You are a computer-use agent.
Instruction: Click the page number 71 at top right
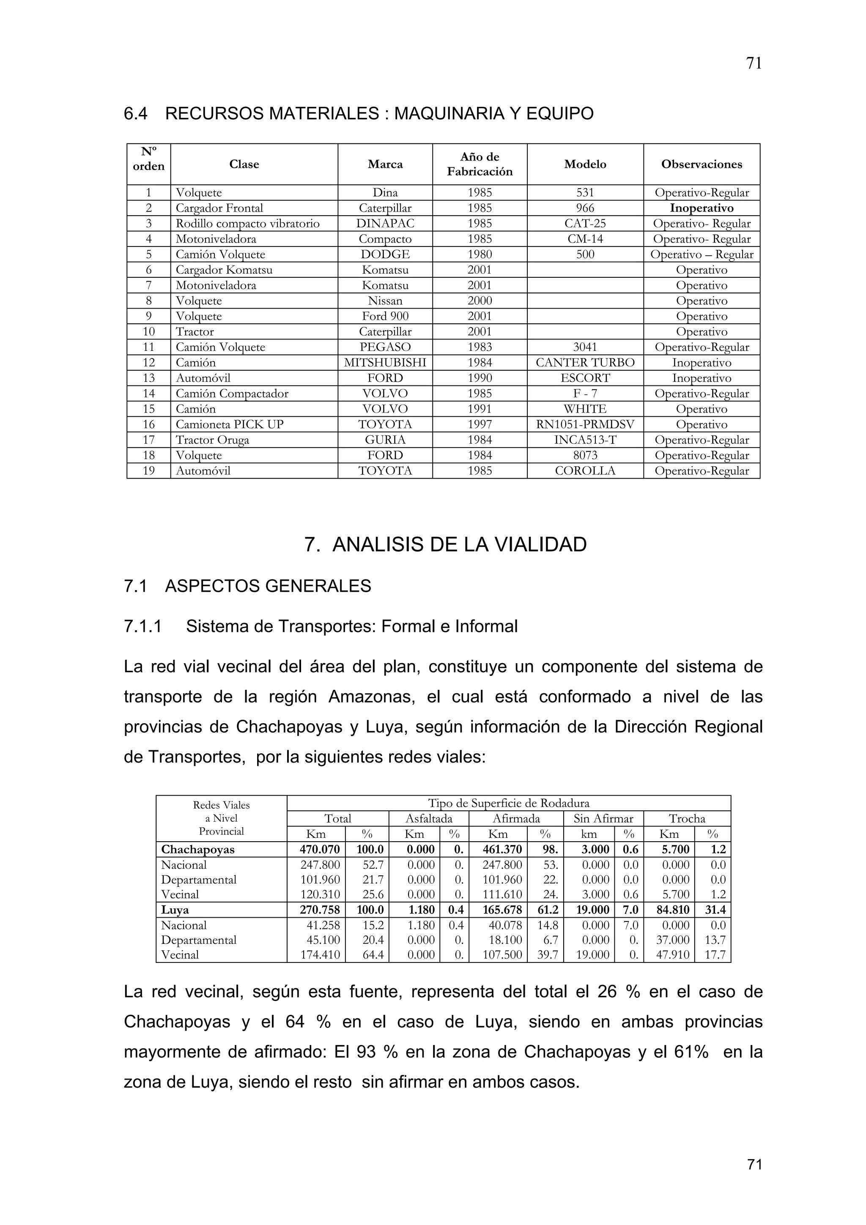pyautogui.click(x=754, y=63)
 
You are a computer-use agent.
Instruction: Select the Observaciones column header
pyautogui.click(x=701, y=164)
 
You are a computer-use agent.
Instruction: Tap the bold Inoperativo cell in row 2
pyautogui.click(x=701, y=208)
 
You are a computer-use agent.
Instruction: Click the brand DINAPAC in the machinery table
pyautogui.click(x=385, y=224)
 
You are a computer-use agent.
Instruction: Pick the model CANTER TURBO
pyautogui.click(x=585, y=363)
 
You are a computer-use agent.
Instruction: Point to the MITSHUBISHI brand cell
pyautogui.click(x=385, y=363)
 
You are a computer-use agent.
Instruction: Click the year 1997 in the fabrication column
pyautogui.click(x=479, y=425)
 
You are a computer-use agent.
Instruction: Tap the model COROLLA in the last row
pyautogui.click(x=585, y=471)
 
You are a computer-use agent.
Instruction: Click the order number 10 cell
pyautogui.click(x=148, y=332)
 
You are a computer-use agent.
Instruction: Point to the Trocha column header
pyautogui.click(x=687, y=818)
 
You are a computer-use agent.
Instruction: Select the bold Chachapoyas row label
pyautogui.click(x=198, y=849)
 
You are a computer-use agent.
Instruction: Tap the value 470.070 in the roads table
pyautogui.click(x=320, y=849)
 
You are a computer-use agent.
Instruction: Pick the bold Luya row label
pyautogui.click(x=175, y=910)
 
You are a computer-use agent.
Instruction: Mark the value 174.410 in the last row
pyautogui.click(x=320, y=954)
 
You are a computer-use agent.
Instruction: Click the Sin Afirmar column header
pyautogui.click(x=603, y=818)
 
